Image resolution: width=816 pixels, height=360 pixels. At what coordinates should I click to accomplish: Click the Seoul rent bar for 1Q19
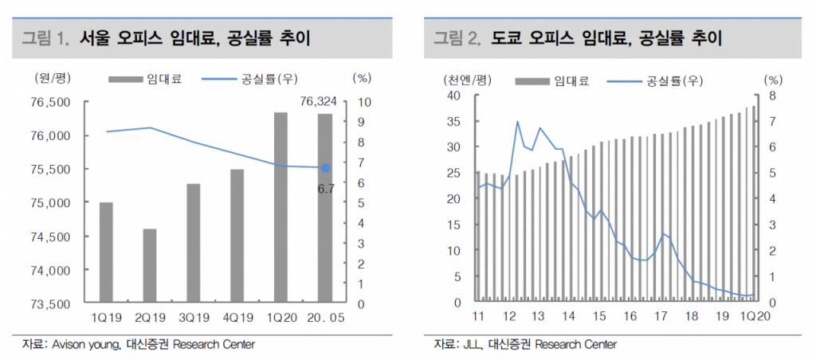[106, 252]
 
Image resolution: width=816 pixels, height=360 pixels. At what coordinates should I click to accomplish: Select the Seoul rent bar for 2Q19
[150, 266]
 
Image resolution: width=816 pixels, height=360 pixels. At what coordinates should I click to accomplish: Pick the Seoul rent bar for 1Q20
[280, 208]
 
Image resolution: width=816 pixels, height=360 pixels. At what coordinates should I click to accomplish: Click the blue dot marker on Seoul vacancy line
[325, 168]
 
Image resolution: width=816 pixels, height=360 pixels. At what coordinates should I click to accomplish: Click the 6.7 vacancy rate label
[326, 188]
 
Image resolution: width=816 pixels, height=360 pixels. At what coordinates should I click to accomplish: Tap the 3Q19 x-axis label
[194, 317]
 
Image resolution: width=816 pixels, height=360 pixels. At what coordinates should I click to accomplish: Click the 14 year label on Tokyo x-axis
[569, 317]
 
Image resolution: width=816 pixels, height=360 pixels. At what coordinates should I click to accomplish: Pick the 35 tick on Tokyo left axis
[454, 121]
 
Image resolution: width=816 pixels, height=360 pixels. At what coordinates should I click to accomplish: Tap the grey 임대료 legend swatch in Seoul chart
[124, 79]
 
